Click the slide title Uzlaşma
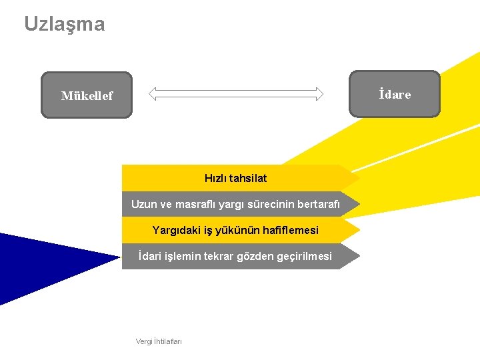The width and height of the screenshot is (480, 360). click(x=65, y=25)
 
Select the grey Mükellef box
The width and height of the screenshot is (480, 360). click(x=87, y=95)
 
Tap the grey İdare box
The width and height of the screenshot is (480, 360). click(x=395, y=94)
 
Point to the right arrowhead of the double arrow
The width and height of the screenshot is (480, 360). click(x=319, y=94)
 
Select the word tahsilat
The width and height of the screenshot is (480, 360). click(x=247, y=178)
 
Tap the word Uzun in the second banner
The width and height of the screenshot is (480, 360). click(x=144, y=204)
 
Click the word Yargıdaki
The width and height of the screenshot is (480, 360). click(x=175, y=230)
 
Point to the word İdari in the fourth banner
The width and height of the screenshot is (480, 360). click(x=149, y=256)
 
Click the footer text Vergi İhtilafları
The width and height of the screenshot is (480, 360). click(x=159, y=341)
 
